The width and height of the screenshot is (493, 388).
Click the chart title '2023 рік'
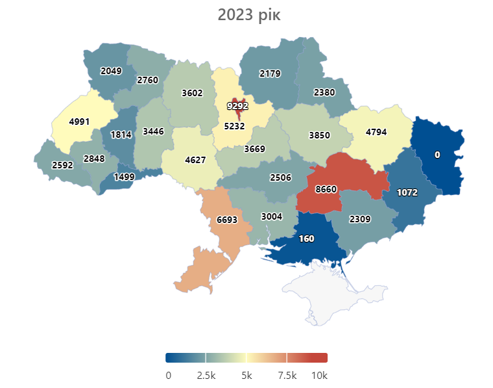point(246,15)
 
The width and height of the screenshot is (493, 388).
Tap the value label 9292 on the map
point(237,105)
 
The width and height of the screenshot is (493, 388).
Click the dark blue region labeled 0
point(437,155)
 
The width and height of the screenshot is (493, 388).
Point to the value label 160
point(306,239)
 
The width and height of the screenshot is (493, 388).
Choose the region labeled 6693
point(227,220)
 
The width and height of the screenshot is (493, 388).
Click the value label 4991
point(79,121)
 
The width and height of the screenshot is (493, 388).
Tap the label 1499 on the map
point(124,177)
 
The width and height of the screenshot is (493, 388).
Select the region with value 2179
point(270,73)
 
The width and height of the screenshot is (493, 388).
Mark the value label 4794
point(376,133)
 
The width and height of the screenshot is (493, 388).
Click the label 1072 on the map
point(407,193)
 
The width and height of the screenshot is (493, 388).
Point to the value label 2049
point(111,71)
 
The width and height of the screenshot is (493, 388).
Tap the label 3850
point(319,135)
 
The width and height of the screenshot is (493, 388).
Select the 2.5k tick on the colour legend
point(206,376)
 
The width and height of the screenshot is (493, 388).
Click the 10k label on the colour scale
point(319,376)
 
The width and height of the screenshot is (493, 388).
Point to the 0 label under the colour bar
point(168,376)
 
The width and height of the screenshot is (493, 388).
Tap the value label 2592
point(63,165)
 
